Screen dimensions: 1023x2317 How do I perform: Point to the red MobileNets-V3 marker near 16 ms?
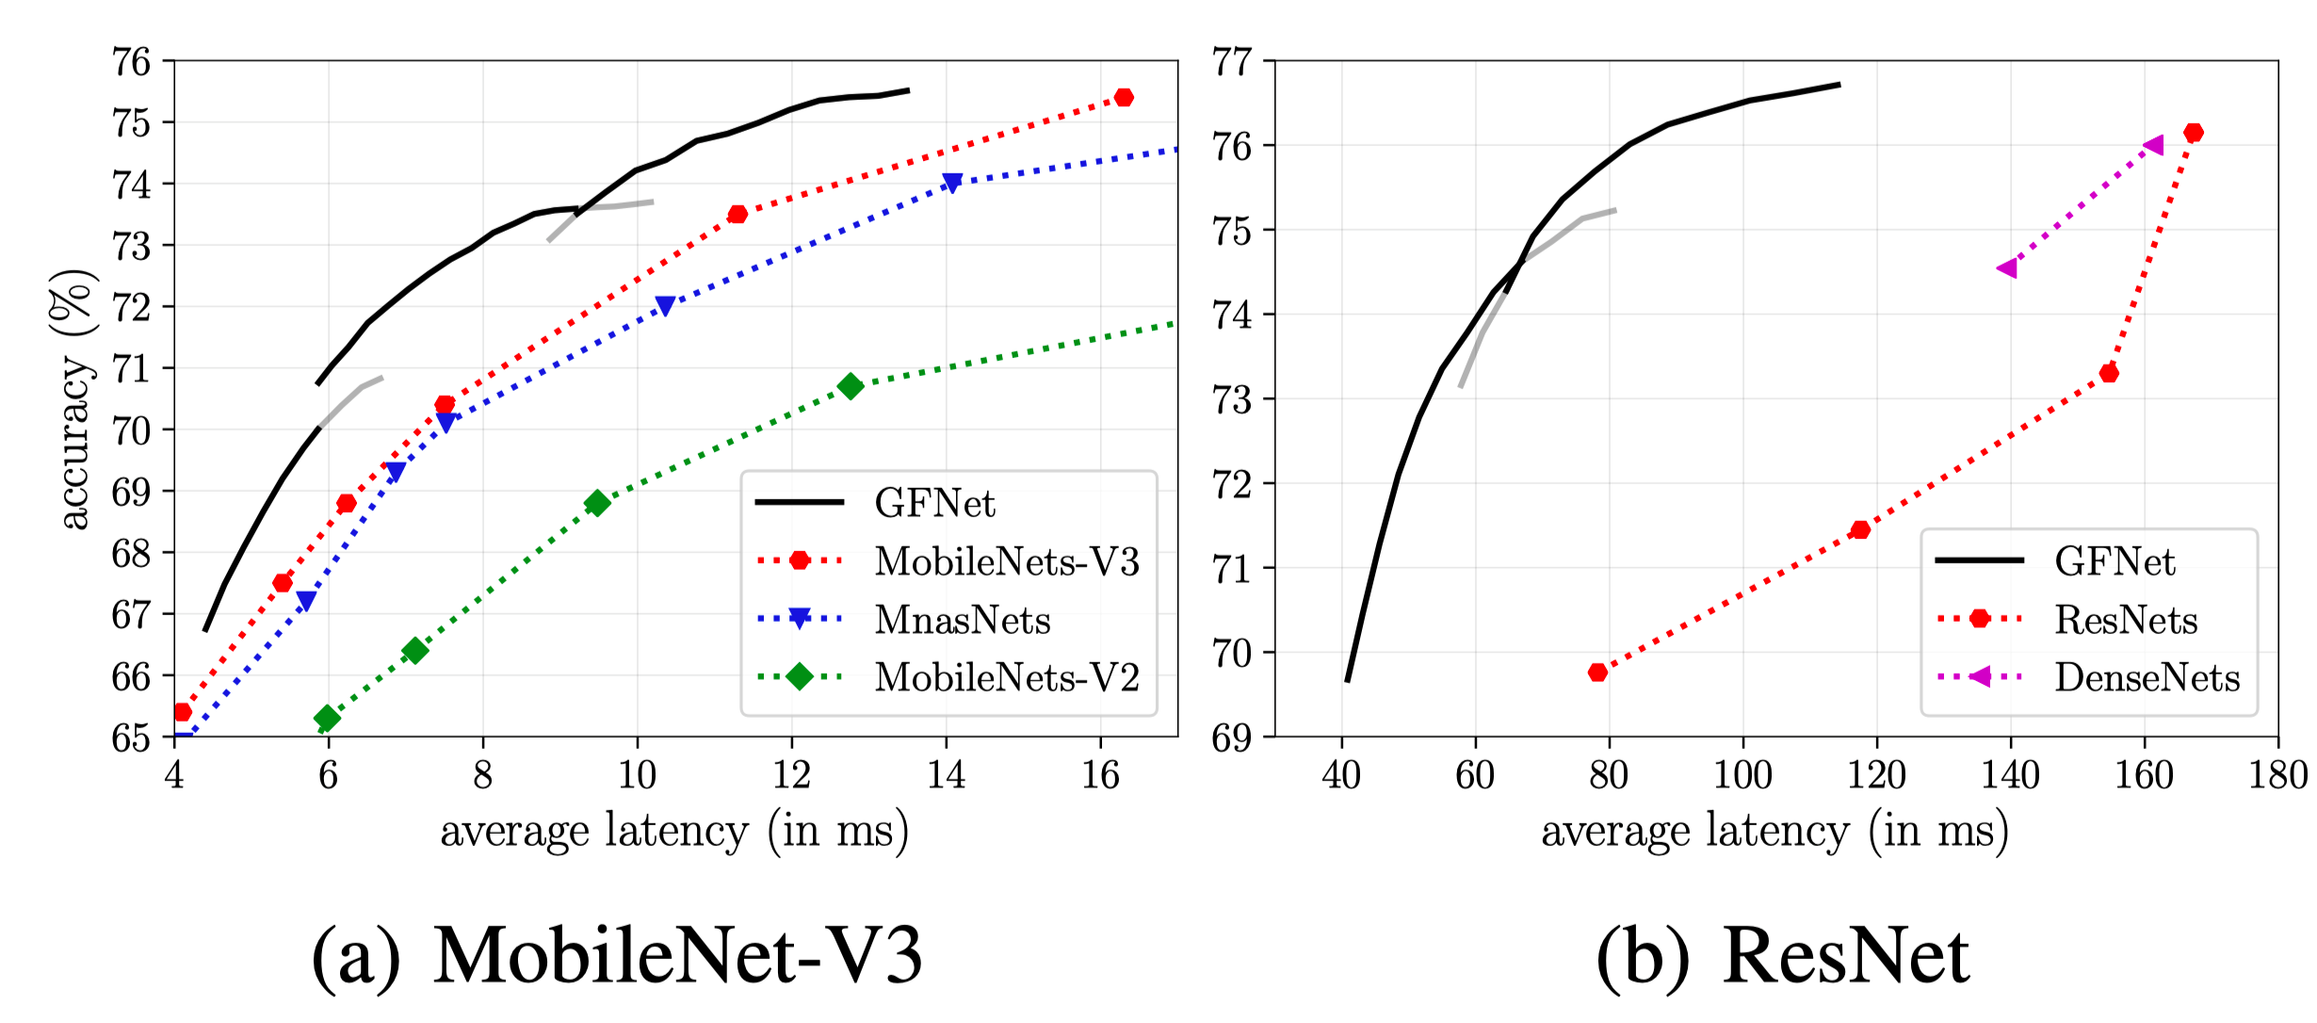[x=1124, y=98]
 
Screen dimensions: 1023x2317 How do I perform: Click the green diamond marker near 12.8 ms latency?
[x=851, y=386]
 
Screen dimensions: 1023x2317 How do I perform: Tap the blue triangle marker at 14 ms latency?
[x=952, y=183]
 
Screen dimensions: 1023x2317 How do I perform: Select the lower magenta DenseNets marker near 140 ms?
[x=2007, y=268]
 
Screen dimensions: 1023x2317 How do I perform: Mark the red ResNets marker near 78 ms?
[x=1597, y=673]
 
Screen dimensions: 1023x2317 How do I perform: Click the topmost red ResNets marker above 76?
[x=2194, y=133]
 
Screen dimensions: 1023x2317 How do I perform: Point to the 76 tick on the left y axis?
[x=132, y=62]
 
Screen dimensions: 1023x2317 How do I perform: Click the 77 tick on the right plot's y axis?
[x=1232, y=62]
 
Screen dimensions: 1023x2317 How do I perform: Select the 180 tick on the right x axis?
[x=2277, y=775]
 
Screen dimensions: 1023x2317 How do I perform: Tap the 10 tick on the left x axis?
[x=637, y=775]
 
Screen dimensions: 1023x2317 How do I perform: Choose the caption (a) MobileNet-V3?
[x=617, y=956]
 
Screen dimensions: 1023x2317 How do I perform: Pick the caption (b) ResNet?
[x=1782, y=956]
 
